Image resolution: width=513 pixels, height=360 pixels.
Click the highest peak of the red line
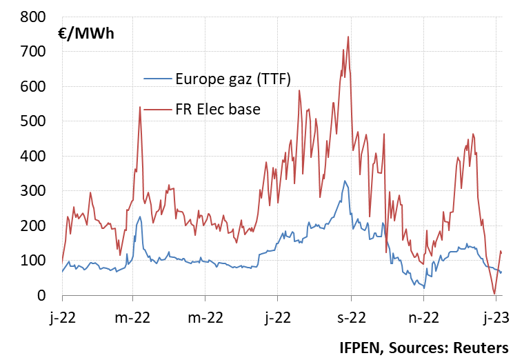(348, 37)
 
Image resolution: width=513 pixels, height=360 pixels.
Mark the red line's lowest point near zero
(494, 294)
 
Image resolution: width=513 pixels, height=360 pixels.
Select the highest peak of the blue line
(345, 181)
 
